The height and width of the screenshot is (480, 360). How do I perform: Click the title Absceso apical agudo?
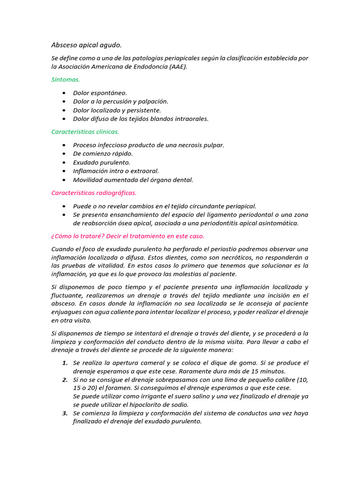[x=86, y=45]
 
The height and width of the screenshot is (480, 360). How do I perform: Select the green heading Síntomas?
[x=66, y=80]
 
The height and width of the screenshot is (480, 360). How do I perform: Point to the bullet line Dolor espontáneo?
[x=100, y=93]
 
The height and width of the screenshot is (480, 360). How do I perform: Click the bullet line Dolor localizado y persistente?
[x=117, y=110]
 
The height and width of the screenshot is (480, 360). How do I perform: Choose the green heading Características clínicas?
[x=85, y=132]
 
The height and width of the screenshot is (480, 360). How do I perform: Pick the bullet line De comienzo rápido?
[x=103, y=154]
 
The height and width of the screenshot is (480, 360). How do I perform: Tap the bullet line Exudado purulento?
[x=102, y=162]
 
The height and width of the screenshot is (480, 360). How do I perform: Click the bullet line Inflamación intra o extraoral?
[x=116, y=171]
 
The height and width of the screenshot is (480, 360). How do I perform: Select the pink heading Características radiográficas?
[x=94, y=193]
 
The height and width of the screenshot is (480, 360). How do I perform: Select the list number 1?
[x=65, y=363]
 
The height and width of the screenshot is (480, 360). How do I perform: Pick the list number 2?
[x=65, y=380]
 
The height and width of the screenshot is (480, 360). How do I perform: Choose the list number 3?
[x=65, y=413]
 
